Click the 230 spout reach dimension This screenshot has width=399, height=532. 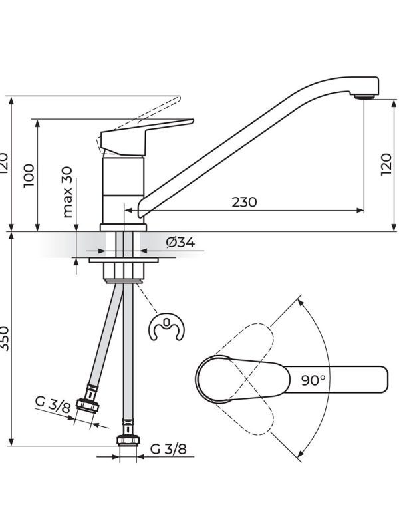click(x=244, y=202)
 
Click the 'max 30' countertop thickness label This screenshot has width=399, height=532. click(x=68, y=192)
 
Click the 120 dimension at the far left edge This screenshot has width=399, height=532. click(x=5, y=163)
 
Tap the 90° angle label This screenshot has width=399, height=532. click(x=313, y=380)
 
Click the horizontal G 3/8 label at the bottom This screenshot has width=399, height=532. click(x=168, y=449)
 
